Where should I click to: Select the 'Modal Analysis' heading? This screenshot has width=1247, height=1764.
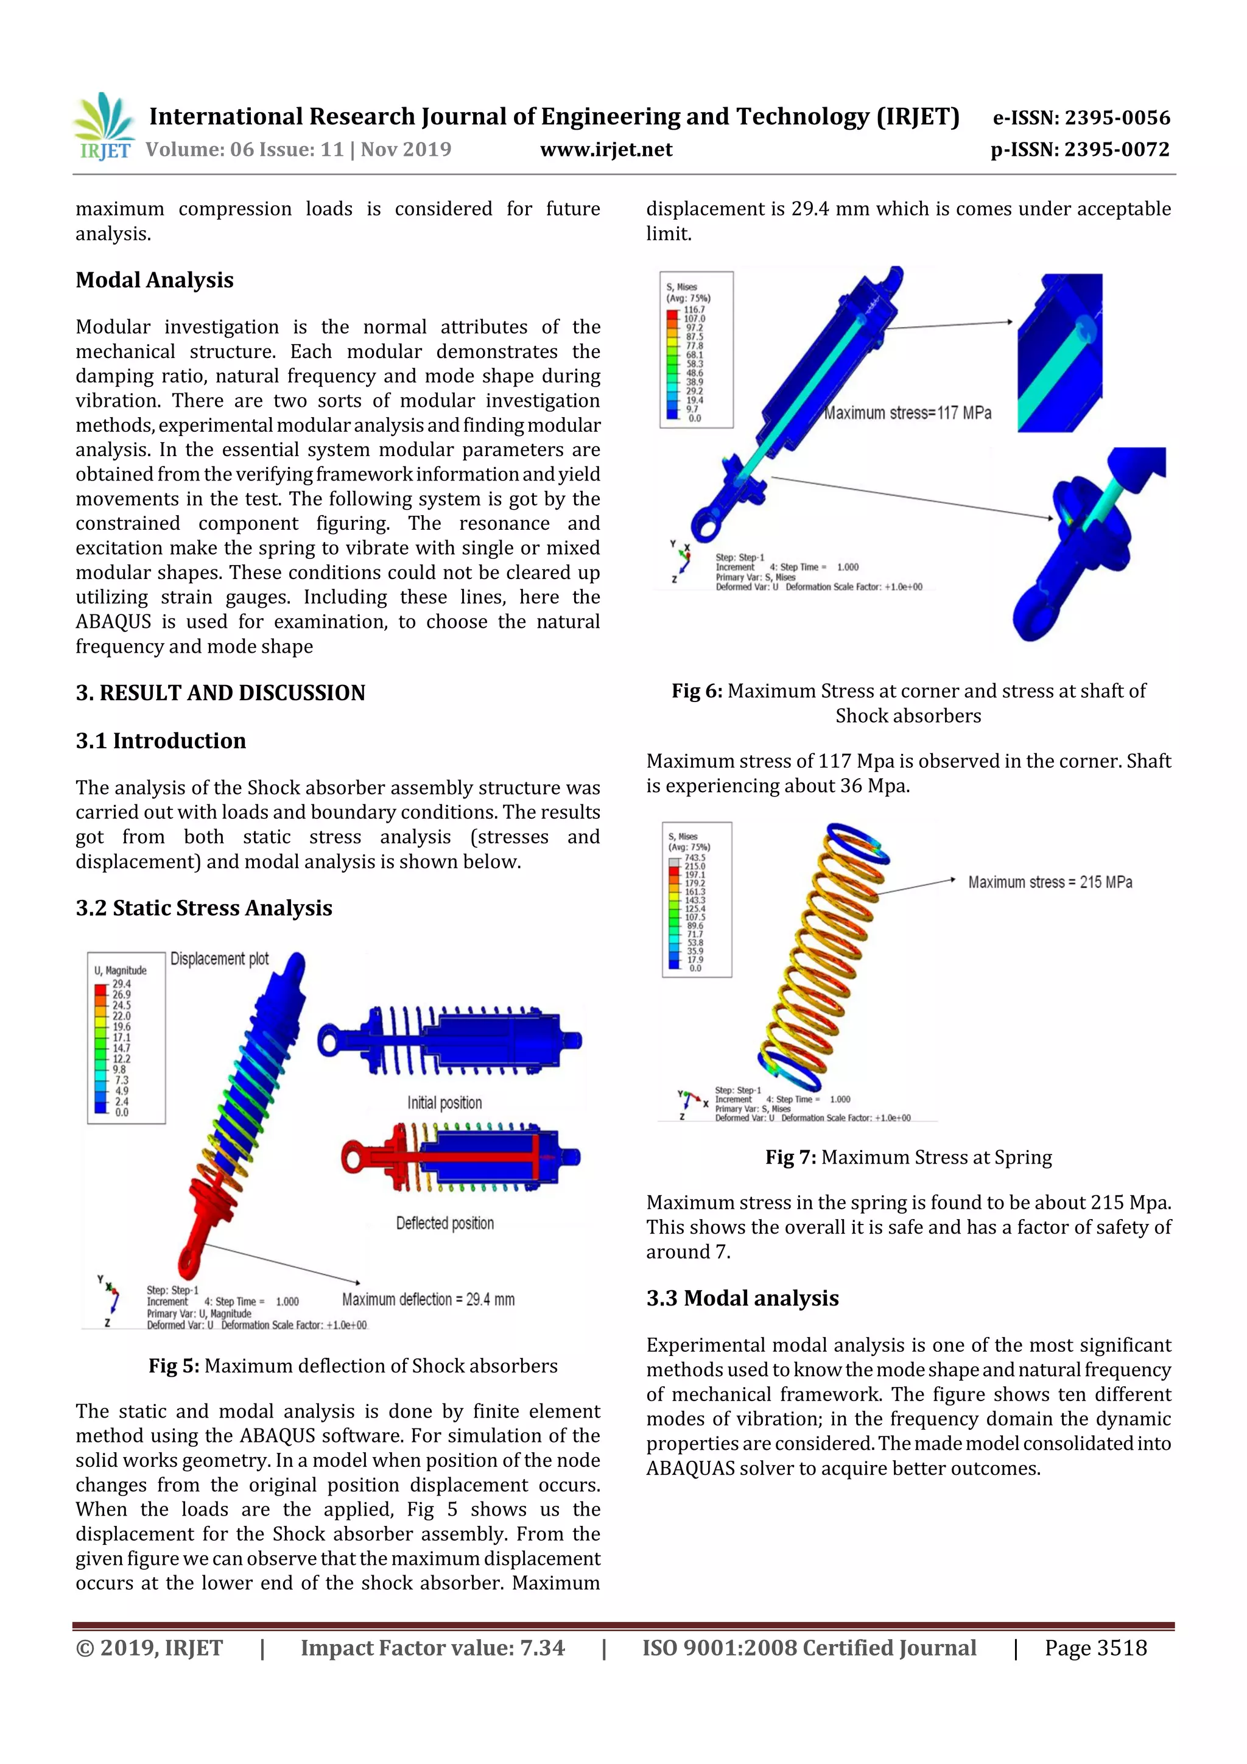tap(155, 281)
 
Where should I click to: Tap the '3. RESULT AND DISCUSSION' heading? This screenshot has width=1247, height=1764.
tap(220, 693)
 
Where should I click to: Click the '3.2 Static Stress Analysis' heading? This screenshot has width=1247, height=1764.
tap(203, 908)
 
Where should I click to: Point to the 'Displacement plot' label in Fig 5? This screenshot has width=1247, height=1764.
tap(219, 959)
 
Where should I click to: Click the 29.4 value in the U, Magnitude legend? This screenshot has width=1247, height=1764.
tap(121, 983)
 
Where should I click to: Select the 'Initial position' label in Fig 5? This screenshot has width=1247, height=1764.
tap(444, 1103)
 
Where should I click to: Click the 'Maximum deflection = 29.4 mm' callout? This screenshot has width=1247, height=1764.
tap(428, 1299)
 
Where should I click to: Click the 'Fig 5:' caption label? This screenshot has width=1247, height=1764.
tap(174, 1366)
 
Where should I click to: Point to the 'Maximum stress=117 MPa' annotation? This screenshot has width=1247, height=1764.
tap(907, 413)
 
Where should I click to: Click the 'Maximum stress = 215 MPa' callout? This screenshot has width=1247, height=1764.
tap(1050, 882)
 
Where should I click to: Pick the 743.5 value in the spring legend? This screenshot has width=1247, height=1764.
tap(695, 857)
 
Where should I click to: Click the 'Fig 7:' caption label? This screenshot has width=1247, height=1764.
tap(790, 1157)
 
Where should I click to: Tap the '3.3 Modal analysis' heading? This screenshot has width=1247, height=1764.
tap(742, 1298)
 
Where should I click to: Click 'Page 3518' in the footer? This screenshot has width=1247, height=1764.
tap(1095, 1648)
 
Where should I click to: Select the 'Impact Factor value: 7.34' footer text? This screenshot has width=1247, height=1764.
tap(432, 1648)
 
